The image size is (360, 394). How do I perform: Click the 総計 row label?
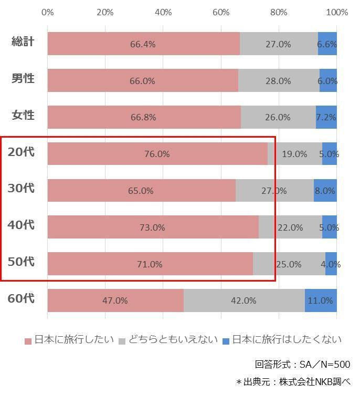23,42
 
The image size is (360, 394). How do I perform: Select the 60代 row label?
21,299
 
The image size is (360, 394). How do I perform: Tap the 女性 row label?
23,115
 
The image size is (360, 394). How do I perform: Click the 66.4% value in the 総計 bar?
143,44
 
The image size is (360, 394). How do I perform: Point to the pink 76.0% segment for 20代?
157,154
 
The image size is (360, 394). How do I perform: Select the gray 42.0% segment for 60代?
244,300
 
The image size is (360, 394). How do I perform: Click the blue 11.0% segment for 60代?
321,300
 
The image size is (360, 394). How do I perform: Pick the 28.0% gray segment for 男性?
278,81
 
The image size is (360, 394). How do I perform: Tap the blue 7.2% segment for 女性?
326,117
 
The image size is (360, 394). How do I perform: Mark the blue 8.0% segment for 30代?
325,191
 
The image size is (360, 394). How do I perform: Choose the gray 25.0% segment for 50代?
289,264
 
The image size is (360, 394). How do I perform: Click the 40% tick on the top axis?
163,12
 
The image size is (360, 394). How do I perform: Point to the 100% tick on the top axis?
337,12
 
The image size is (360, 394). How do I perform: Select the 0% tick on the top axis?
47,12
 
